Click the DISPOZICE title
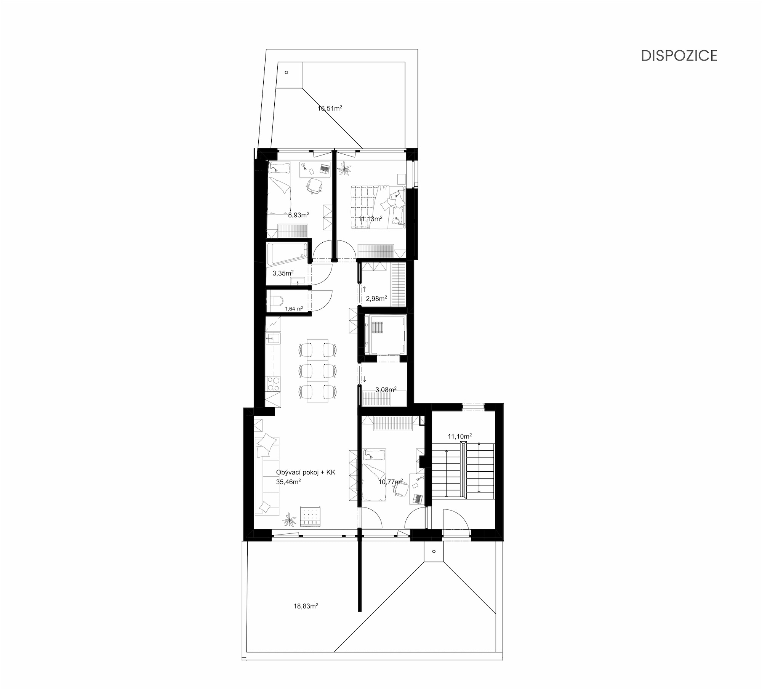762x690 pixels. pyautogui.click(x=679, y=56)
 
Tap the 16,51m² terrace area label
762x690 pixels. pyautogui.click(x=330, y=108)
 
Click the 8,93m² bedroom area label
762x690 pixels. pyautogui.click(x=298, y=215)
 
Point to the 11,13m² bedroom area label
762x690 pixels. pyautogui.click(x=370, y=219)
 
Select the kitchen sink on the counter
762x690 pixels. pyautogui.click(x=273, y=338)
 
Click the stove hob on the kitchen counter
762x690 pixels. pyautogui.click(x=273, y=384)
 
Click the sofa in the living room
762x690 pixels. pyautogui.click(x=267, y=476)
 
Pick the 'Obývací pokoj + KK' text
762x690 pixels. pyautogui.click(x=306, y=472)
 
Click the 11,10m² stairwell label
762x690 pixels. pyautogui.click(x=460, y=436)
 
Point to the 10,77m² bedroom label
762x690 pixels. pyautogui.click(x=391, y=482)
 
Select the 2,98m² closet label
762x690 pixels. pyautogui.click(x=376, y=299)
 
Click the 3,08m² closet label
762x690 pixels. pyautogui.click(x=386, y=389)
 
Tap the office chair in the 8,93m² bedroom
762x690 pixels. pyautogui.click(x=315, y=186)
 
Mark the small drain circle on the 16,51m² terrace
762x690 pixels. pyautogui.click(x=287, y=72)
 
